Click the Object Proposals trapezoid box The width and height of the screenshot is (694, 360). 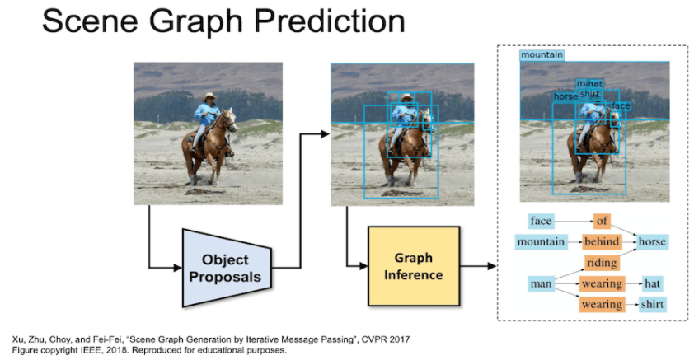(224, 266)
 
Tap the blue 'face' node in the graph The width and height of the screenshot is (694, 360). (541, 221)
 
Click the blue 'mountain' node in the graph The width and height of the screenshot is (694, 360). (541, 242)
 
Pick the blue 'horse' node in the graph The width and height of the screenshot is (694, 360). (652, 242)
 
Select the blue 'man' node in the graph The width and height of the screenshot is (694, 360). (541, 284)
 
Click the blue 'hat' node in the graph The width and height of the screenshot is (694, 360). (652, 284)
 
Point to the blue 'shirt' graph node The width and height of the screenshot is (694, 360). (652, 305)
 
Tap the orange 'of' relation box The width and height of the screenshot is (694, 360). (602, 221)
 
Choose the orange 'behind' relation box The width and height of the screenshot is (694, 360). (602, 242)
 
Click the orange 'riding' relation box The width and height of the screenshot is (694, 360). (602, 263)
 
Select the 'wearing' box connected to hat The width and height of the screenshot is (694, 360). (602, 284)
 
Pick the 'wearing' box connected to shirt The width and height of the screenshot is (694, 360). (602, 305)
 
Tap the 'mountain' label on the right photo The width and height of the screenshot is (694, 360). (542, 55)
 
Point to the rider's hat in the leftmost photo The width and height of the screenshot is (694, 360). (209, 96)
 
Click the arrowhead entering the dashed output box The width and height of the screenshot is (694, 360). (492, 266)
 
